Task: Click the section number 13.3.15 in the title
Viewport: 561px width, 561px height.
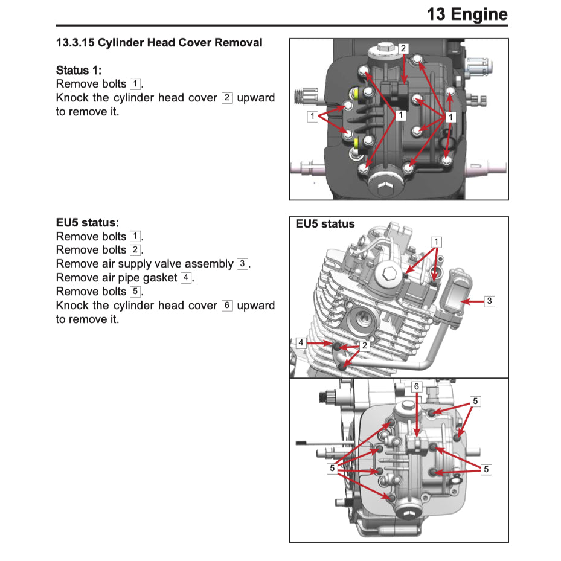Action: (75, 43)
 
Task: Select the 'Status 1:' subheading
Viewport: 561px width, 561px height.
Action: (79, 70)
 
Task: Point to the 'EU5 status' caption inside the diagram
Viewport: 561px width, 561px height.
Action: (325, 224)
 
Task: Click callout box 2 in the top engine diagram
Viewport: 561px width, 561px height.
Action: (403, 48)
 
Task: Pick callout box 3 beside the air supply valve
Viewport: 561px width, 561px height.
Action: (489, 301)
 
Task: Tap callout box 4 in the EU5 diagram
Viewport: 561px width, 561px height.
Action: (301, 342)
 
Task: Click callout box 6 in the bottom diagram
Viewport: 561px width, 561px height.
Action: (416, 386)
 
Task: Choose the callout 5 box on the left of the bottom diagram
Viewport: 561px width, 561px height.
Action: (332, 468)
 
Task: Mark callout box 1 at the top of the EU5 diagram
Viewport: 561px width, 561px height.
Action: (436, 242)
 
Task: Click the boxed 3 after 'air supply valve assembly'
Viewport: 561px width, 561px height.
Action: (242, 264)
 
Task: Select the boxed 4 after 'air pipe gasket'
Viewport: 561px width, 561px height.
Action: (187, 278)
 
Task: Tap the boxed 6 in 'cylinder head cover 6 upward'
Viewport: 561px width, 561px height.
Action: (227, 306)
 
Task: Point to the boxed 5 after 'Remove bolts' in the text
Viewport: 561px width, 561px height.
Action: (136, 292)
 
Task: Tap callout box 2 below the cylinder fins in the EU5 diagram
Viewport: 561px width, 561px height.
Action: (364, 346)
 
